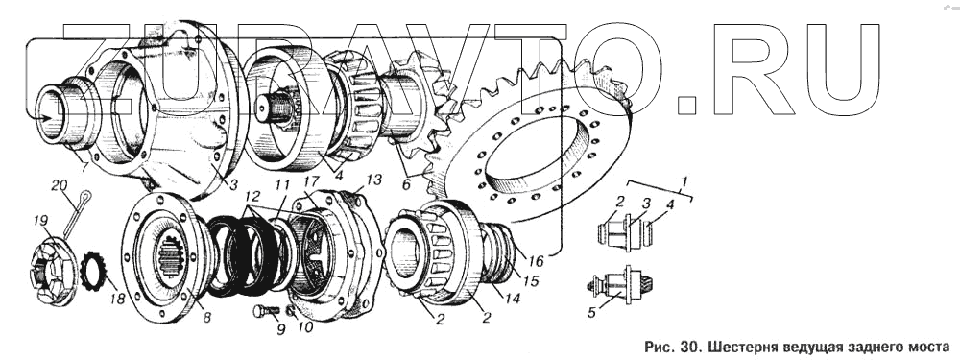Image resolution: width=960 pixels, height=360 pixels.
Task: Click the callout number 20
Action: (x=60, y=186)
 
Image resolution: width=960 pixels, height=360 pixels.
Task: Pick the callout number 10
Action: (x=304, y=327)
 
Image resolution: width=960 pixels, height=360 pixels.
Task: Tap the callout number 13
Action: (x=374, y=180)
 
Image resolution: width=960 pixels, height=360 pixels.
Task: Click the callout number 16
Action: (x=536, y=261)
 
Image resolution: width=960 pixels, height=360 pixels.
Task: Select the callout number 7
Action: (x=85, y=168)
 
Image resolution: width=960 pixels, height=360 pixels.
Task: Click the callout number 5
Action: (x=591, y=313)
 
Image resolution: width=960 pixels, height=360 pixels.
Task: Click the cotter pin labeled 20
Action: (x=77, y=213)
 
